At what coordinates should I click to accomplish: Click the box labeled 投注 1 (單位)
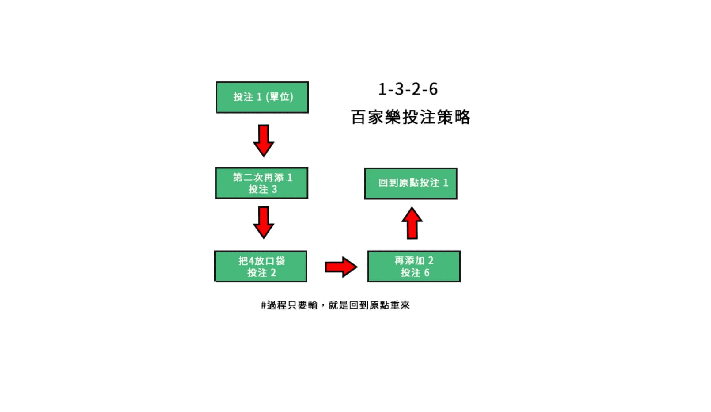(262, 97)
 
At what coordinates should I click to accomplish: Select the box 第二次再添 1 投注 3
(261, 183)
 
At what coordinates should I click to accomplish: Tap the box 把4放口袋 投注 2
(261, 267)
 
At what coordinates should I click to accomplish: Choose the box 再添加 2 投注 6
(414, 267)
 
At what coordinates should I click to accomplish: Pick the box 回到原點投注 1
(411, 183)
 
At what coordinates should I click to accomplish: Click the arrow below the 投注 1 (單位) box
(264, 141)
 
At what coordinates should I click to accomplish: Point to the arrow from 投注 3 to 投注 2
(264, 222)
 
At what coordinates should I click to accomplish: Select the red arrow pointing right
(340, 267)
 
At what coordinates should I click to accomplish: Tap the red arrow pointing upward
(412, 223)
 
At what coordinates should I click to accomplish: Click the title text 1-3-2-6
(408, 89)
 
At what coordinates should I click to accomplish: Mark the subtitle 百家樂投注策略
(411, 117)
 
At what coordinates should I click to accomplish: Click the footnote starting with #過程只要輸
(335, 305)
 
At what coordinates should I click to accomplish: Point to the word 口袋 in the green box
(275, 261)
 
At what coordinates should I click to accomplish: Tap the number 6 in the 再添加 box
(427, 273)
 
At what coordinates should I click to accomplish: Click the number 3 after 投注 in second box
(274, 189)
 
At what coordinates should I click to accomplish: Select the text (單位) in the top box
(280, 97)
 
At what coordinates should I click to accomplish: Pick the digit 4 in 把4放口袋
(251, 261)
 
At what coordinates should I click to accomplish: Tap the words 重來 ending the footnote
(400, 305)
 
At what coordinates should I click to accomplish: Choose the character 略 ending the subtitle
(462, 117)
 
